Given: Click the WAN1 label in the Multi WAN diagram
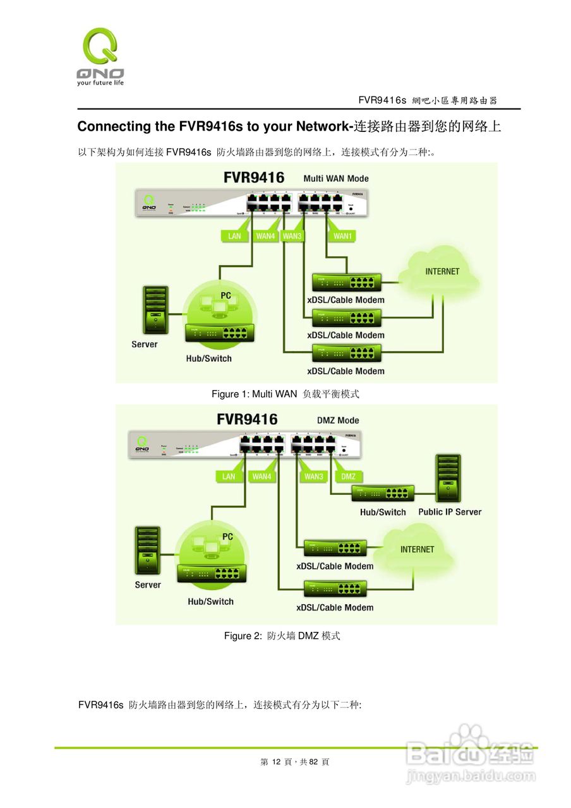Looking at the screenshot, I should tap(342, 236).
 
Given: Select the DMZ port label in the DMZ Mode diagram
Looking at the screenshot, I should tap(348, 477).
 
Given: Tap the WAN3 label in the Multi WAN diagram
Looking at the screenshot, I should tap(292, 236).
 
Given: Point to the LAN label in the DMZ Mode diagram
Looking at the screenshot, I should tap(229, 477).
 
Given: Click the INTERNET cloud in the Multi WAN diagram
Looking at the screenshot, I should tap(442, 272).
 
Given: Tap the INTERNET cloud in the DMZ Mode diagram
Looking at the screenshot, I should tap(418, 549).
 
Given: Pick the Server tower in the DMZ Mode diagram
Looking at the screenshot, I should tap(147, 551).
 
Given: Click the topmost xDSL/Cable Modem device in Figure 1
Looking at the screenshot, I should tap(347, 282).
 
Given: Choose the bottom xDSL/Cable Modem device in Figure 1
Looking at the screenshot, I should tap(347, 353).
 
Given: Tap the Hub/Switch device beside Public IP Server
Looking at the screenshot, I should tap(383, 494).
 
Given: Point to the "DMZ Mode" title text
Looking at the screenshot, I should tap(338, 420).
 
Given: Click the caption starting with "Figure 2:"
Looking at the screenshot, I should tap(282, 636).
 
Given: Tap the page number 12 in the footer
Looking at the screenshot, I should tap(275, 762).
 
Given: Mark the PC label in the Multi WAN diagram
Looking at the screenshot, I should tap(225, 295).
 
